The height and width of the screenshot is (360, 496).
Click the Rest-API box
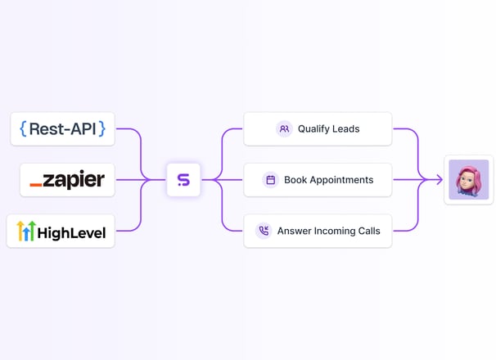[x=63, y=129]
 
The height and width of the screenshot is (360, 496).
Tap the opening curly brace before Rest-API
[x=23, y=128]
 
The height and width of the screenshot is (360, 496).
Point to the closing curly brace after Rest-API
[x=101, y=128]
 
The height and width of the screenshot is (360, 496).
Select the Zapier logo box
[x=67, y=180]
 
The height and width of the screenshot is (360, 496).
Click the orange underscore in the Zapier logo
[x=36, y=184]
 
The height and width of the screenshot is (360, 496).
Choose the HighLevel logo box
[x=61, y=232]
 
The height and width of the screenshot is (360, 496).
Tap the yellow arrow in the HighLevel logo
[x=20, y=231]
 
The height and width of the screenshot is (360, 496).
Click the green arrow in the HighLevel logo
[x=32, y=231]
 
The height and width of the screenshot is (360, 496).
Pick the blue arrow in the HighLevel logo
[x=26, y=233]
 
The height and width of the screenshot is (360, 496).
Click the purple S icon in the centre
[x=183, y=180]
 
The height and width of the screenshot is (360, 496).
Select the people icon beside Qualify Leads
[x=284, y=129]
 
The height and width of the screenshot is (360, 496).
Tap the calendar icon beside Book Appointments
[x=270, y=180]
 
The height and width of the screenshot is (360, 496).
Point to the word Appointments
[x=341, y=180]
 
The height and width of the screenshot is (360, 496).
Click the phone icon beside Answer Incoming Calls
[x=264, y=231]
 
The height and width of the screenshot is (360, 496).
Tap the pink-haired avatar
[x=469, y=180]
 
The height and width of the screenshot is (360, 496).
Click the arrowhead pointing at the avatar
[x=440, y=180]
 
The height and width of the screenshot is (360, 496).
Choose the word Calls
[x=369, y=231]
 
